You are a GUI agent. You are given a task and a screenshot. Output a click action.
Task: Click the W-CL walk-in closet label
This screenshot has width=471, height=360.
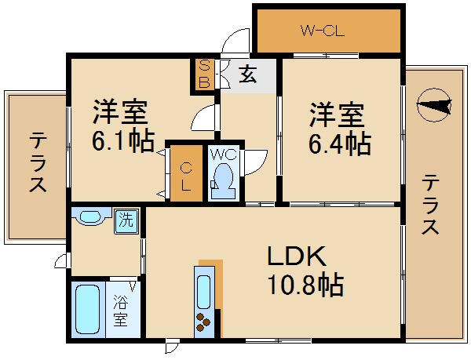point(323,32)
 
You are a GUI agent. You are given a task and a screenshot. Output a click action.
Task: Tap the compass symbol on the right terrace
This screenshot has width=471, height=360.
point(434,105)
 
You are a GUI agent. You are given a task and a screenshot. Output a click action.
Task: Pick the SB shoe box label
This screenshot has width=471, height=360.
point(203,74)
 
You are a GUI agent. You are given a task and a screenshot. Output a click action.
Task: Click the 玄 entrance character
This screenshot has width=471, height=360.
point(248,75)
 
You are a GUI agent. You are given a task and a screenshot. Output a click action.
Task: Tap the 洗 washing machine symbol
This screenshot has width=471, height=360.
point(126,220)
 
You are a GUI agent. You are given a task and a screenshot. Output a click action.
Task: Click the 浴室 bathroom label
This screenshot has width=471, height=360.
point(120,310)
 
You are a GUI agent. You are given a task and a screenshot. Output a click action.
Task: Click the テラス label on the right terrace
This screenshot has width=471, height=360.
point(429,205)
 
